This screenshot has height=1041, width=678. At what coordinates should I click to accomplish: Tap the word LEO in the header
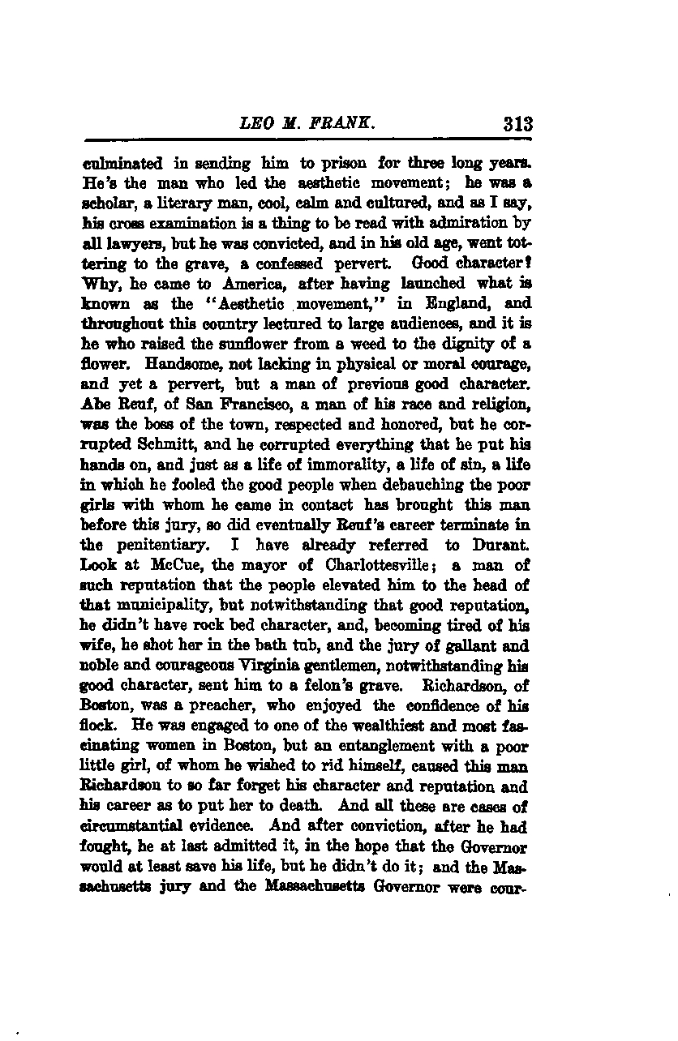coord(256,124)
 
